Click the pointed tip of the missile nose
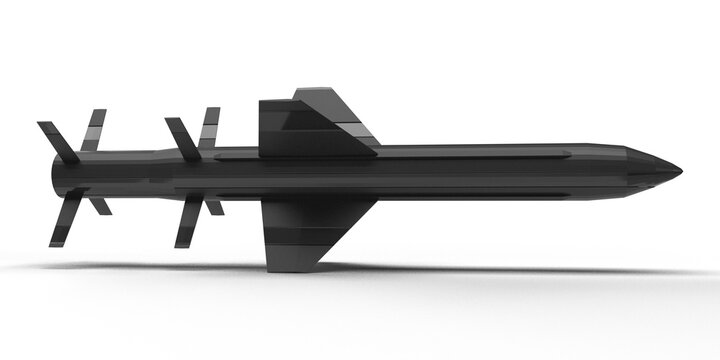point(681,169)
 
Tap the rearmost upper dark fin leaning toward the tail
point(58,141)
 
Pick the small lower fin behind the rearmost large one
point(99,205)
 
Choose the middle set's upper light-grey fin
point(209,127)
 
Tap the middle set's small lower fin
point(214,206)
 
